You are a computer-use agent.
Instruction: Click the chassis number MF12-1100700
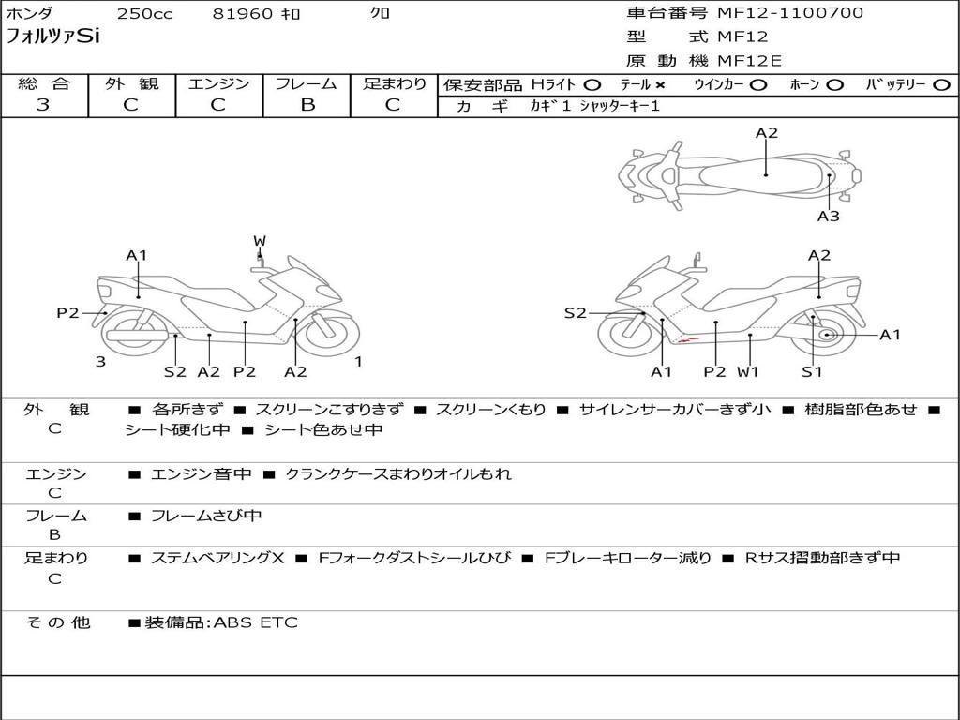click(x=789, y=13)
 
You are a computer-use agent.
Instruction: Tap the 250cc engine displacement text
click(x=145, y=13)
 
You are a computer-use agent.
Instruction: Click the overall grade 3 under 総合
click(x=43, y=105)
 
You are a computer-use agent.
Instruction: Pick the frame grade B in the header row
click(x=307, y=105)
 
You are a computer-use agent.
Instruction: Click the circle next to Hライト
click(x=592, y=85)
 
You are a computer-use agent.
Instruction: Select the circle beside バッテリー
click(x=941, y=85)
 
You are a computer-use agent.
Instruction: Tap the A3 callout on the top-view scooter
click(x=829, y=216)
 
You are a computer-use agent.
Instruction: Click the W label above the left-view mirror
click(x=260, y=241)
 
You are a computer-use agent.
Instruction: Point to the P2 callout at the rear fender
click(x=67, y=313)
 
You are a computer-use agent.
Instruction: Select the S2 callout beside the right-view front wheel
click(x=575, y=313)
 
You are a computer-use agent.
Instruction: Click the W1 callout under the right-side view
click(x=747, y=371)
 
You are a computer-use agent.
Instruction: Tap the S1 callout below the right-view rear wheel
click(x=812, y=371)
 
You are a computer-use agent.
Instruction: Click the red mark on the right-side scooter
click(x=689, y=339)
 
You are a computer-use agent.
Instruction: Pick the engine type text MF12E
click(x=749, y=61)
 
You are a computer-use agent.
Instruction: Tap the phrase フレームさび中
click(x=206, y=517)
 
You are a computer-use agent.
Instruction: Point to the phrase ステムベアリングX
click(x=217, y=559)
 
